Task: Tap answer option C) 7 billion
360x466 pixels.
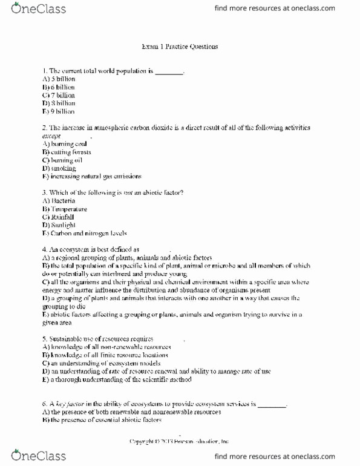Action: [x=59, y=95]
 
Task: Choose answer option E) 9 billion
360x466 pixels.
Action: [x=59, y=112]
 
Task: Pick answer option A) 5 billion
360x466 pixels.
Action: [x=59, y=79]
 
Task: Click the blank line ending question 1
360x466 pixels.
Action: [x=169, y=71]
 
